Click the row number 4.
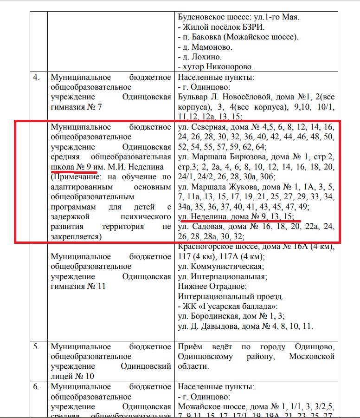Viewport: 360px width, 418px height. pyautogui.click(x=36, y=77)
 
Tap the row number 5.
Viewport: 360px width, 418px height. pyautogui.click(x=36, y=346)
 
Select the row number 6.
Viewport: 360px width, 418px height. pyautogui.click(x=36, y=386)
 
